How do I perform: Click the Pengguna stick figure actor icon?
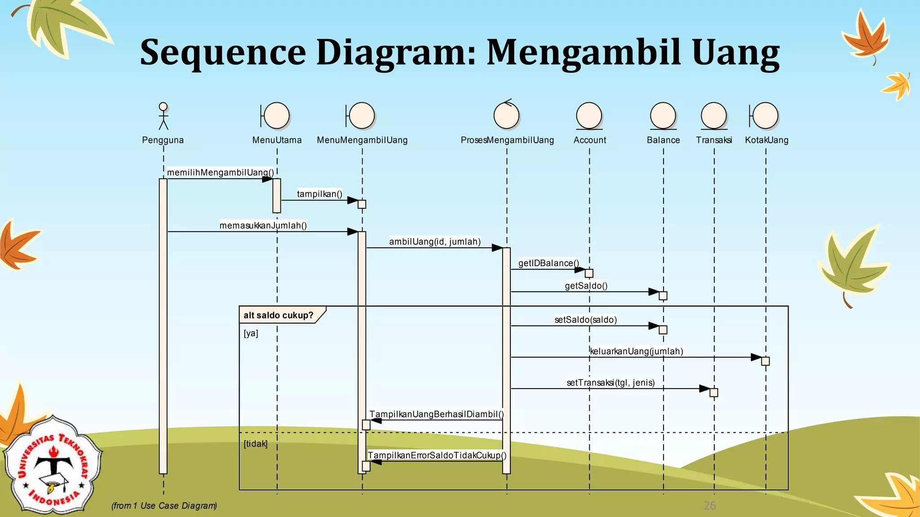pyautogui.click(x=164, y=116)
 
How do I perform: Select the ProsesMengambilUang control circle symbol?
pyautogui.click(x=506, y=115)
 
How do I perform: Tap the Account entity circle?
pyautogui.click(x=589, y=115)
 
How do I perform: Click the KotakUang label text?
pyautogui.click(x=766, y=140)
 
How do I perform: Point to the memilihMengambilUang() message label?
pyautogui.click(x=220, y=172)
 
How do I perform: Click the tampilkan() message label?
pyautogui.click(x=319, y=194)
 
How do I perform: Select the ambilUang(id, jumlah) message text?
pyautogui.click(x=435, y=241)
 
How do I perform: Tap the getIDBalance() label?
pyautogui.click(x=548, y=263)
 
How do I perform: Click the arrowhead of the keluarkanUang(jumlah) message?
pyautogui.click(x=756, y=357)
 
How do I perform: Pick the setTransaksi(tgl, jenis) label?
pyautogui.click(x=610, y=382)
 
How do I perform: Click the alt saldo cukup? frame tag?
pyautogui.click(x=279, y=315)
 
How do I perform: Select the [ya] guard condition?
pyautogui.click(x=251, y=333)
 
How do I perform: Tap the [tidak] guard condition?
pyautogui.click(x=255, y=443)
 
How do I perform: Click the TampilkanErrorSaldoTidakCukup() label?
pyautogui.click(x=437, y=455)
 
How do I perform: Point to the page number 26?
pyautogui.click(x=709, y=505)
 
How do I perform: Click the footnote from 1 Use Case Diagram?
pyautogui.click(x=164, y=505)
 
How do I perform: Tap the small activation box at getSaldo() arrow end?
pyautogui.click(x=663, y=296)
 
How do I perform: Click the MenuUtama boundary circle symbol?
pyautogui.click(x=276, y=115)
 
